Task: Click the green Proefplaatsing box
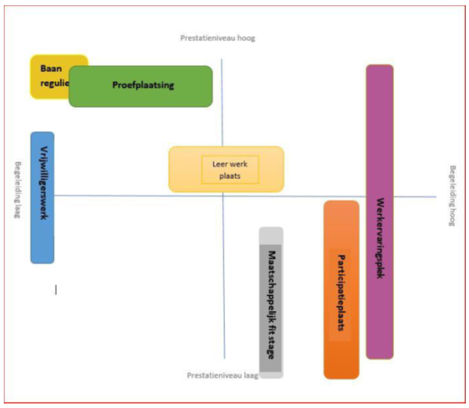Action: [141, 86]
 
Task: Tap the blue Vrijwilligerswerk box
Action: [42, 197]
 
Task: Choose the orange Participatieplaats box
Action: [341, 289]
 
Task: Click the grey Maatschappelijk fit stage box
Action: [270, 302]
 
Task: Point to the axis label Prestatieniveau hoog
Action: [219, 37]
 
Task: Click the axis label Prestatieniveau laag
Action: [223, 375]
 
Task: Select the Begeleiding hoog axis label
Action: [452, 196]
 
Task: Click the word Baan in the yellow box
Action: [51, 67]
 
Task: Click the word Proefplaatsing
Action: [143, 86]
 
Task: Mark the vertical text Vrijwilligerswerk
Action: [44, 181]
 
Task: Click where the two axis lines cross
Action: [223, 196]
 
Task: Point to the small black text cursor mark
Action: [55, 289]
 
